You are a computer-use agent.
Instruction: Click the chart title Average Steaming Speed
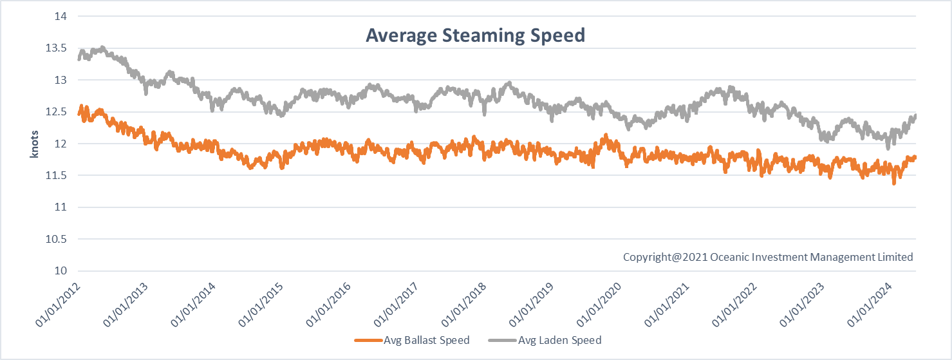[475, 35]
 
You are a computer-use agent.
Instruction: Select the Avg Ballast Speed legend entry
[412, 340]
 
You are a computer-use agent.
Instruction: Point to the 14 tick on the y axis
[62, 17]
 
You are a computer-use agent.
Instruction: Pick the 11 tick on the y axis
[62, 207]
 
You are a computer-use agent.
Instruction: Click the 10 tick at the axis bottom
[62, 270]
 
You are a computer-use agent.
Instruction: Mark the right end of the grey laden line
[915, 115]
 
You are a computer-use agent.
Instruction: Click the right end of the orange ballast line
[915, 157]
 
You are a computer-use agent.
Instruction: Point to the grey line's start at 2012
[79, 59]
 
